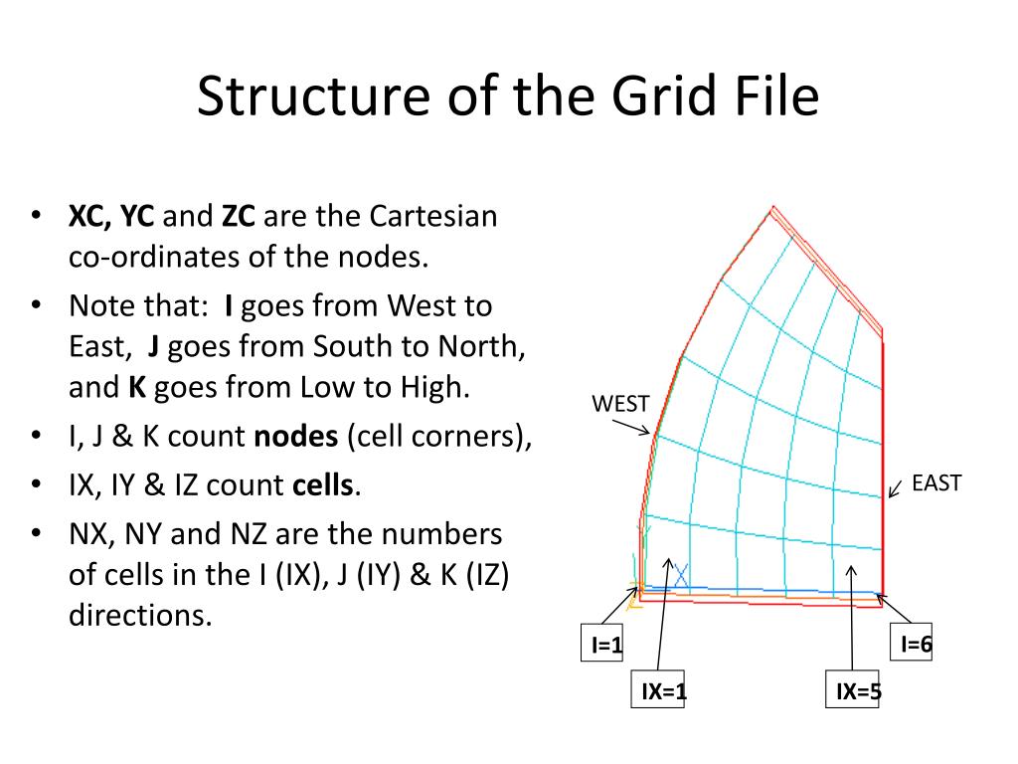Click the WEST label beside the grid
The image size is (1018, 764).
pyautogui.click(x=620, y=404)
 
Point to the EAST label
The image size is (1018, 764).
pyautogui.click(x=936, y=483)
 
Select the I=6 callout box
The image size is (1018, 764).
pyautogui.click(x=916, y=644)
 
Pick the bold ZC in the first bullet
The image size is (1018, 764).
pyautogui.click(x=239, y=217)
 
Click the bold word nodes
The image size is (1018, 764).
pyautogui.click(x=297, y=437)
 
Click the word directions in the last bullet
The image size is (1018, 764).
pyautogui.click(x=140, y=615)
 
